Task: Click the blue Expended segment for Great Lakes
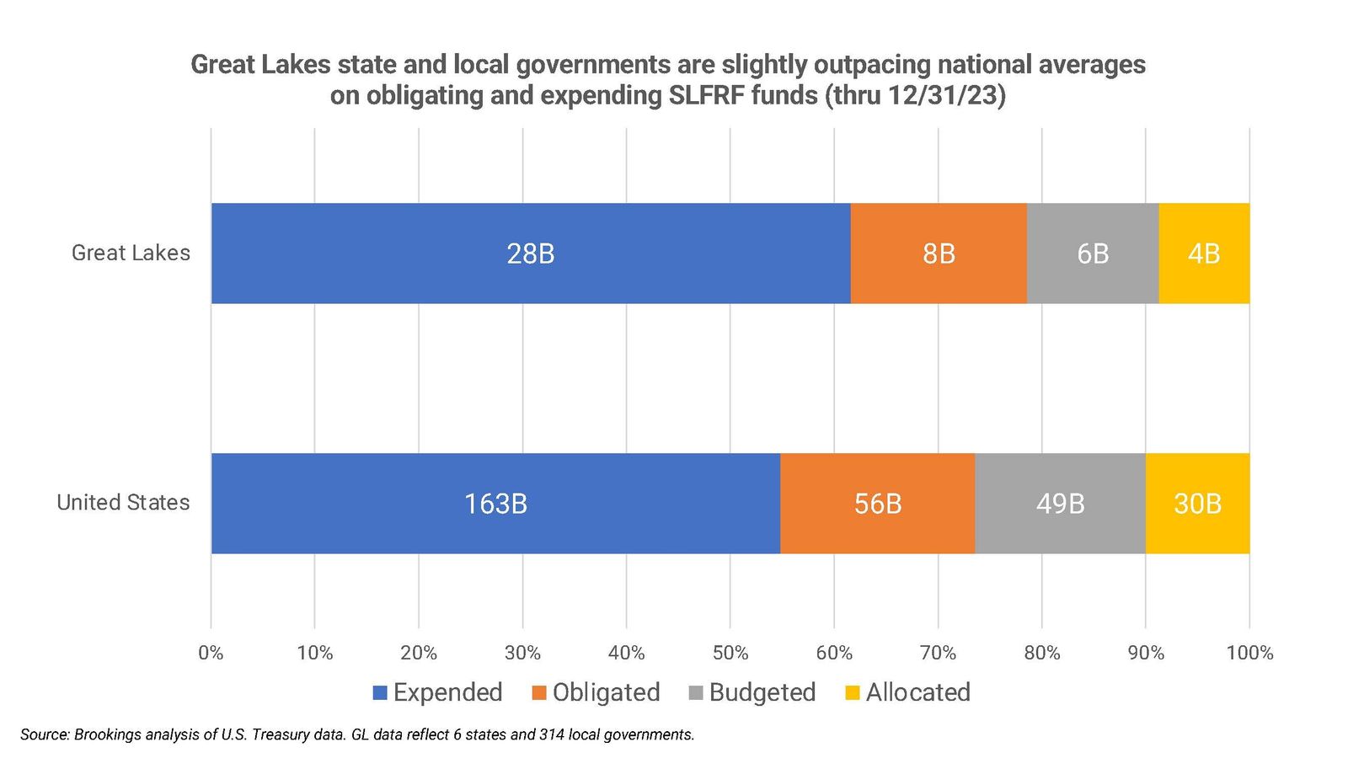(531, 253)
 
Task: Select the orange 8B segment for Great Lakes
(939, 253)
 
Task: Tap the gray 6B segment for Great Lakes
(1093, 253)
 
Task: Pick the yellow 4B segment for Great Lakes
(1204, 253)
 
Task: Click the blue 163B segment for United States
(495, 504)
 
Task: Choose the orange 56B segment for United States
(878, 504)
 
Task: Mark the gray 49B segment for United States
(1060, 504)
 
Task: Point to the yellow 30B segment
(1197, 504)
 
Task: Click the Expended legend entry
(438, 692)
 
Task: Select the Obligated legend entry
(596, 692)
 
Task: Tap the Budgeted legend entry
(753, 692)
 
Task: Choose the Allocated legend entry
(908, 692)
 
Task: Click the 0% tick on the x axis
(211, 653)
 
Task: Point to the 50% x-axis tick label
(730, 653)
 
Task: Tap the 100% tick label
(1249, 653)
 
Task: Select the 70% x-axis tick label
(938, 653)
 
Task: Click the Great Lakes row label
(131, 253)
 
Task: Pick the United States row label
(123, 503)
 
